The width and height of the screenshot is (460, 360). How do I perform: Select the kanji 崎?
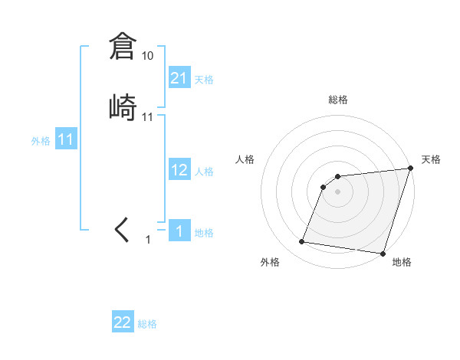pyautogui.click(x=123, y=108)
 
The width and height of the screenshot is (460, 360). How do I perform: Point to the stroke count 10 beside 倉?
pyautogui.click(x=148, y=56)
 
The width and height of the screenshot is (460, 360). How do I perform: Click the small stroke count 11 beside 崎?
pyautogui.click(x=148, y=117)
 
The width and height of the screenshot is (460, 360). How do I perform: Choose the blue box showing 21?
pyautogui.click(x=179, y=78)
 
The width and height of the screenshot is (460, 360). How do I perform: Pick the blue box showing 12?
pyautogui.click(x=179, y=170)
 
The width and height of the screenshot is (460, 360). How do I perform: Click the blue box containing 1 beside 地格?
pyautogui.click(x=179, y=231)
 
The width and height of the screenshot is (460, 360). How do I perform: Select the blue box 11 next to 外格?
pyautogui.click(x=66, y=140)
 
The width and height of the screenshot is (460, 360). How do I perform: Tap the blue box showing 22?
pyautogui.click(x=123, y=322)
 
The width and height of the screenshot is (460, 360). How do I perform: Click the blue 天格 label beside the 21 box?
pyautogui.click(x=204, y=80)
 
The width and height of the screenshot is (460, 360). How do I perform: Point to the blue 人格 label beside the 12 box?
pyautogui.click(x=204, y=172)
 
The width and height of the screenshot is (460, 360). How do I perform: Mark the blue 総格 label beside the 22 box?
pyautogui.click(x=147, y=324)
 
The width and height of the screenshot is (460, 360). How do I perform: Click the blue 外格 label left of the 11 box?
pyautogui.click(x=41, y=142)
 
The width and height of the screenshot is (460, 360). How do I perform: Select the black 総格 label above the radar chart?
pyautogui.click(x=338, y=100)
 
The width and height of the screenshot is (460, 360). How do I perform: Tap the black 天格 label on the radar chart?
pyautogui.click(x=431, y=159)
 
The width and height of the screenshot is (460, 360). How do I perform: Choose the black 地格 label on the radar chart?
pyautogui.click(x=402, y=262)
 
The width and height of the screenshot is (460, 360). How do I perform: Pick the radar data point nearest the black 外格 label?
pyautogui.click(x=302, y=242)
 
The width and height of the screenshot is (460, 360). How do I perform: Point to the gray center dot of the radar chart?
pyautogui.click(x=338, y=191)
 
